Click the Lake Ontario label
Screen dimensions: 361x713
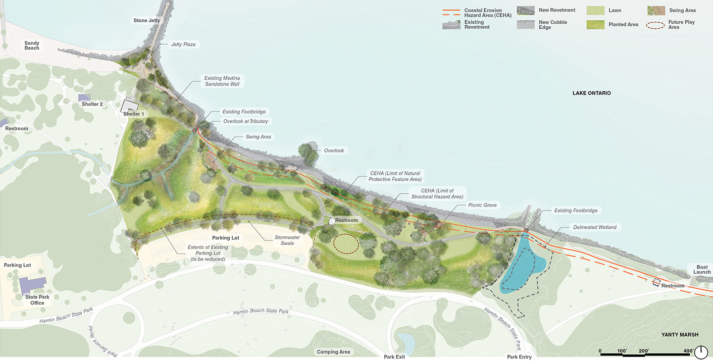[x=592, y=93]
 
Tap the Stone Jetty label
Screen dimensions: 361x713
[x=147, y=20]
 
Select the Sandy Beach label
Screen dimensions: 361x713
[x=32, y=45]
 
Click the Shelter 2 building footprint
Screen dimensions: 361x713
[x=84, y=98]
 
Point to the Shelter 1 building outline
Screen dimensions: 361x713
[x=131, y=106]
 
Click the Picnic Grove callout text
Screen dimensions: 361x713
[x=482, y=205]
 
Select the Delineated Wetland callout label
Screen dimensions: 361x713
[x=595, y=227]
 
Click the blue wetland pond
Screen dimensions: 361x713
[x=522, y=265]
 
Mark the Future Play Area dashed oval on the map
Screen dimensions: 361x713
[x=346, y=244]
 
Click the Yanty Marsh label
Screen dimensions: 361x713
[x=680, y=335]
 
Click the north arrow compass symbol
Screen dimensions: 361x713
[x=701, y=352]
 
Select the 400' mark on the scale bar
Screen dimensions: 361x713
[x=688, y=351]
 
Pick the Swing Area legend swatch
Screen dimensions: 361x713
[x=656, y=10]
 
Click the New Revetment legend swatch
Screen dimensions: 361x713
[x=525, y=10]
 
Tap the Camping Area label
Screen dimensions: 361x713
[x=333, y=352]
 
